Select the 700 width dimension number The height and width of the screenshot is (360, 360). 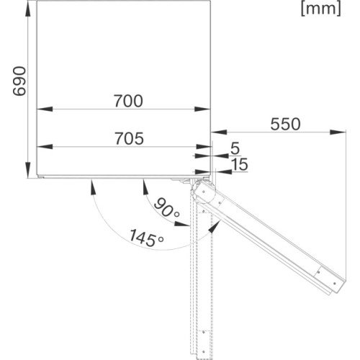(x=127, y=100)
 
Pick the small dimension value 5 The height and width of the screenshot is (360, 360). (x=235, y=148)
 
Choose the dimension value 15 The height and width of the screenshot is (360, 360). (x=239, y=165)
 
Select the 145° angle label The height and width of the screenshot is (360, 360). (x=142, y=237)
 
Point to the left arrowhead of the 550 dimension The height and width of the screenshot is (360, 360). (x=215, y=132)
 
